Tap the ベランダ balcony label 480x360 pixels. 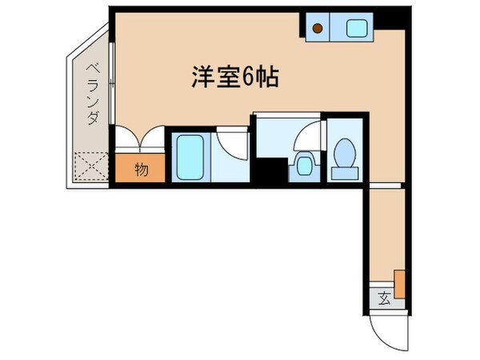click(x=92, y=97)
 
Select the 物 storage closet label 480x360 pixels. click(x=141, y=170)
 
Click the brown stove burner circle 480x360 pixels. click(x=318, y=30)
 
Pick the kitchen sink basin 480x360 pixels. click(x=356, y=29)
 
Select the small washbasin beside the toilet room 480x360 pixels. click(x=303, y=167)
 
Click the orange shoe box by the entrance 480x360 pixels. click(x=398, y=283)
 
